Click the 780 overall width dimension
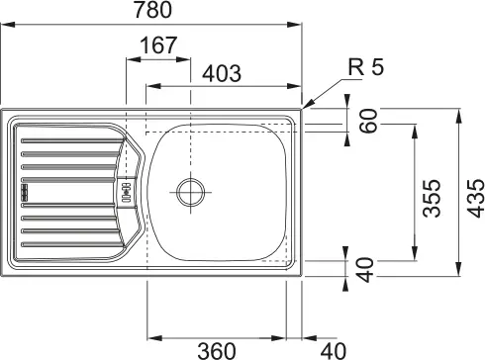152,10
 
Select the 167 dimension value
158,45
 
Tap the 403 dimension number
222,73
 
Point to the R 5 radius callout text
366,67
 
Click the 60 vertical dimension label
368,121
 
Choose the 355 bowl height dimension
432,198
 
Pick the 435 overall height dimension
476,198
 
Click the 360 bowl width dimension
217,351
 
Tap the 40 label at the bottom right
334,351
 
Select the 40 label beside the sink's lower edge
366,270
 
